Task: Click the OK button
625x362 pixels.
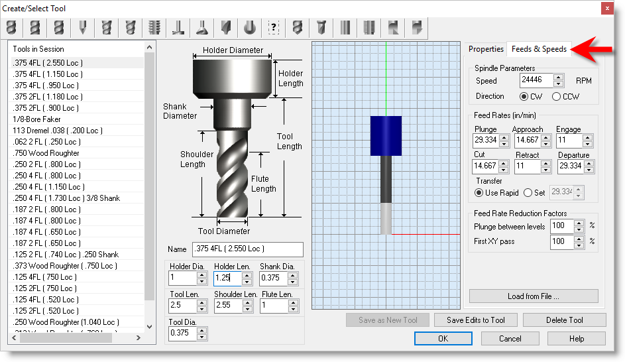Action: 443,339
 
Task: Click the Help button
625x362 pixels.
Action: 577,339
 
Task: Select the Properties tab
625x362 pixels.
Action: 486,49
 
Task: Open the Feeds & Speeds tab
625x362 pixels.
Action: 539,49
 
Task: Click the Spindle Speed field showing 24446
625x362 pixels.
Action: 536,80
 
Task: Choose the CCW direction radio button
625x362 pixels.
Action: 557,96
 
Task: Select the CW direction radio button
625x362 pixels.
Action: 524,96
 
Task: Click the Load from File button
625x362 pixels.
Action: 533,296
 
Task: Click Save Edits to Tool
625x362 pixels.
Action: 476,320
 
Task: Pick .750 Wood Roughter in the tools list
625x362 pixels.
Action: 46,153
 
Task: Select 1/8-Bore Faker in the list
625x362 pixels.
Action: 36,119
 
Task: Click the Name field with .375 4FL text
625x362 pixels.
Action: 247,249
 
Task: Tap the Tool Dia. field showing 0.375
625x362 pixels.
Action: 183,333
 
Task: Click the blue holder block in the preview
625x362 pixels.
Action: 386,136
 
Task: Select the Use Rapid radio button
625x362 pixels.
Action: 479,193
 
